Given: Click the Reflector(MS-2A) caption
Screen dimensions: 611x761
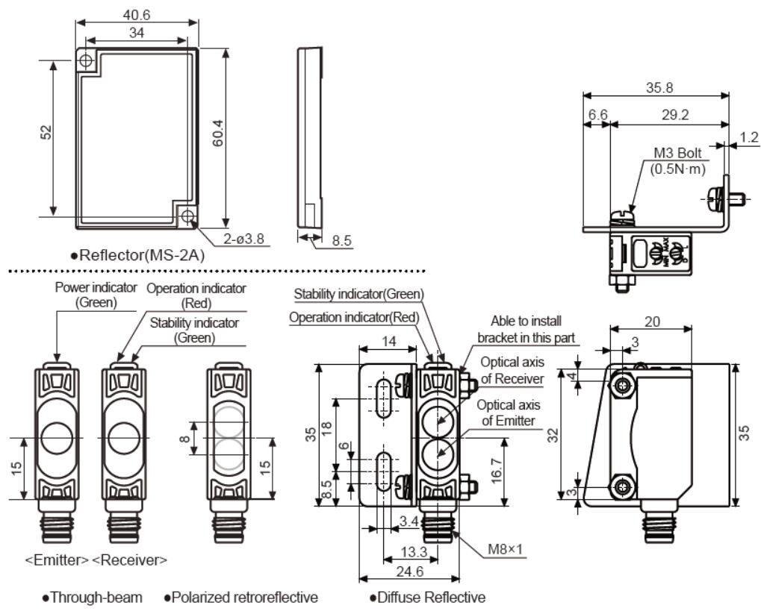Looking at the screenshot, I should coord(143,255).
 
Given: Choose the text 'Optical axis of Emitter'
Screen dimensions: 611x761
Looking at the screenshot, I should coord(508,413).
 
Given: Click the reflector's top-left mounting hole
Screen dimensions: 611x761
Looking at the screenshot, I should coord(87,59).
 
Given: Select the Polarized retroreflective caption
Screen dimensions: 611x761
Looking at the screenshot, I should coord(240,597).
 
